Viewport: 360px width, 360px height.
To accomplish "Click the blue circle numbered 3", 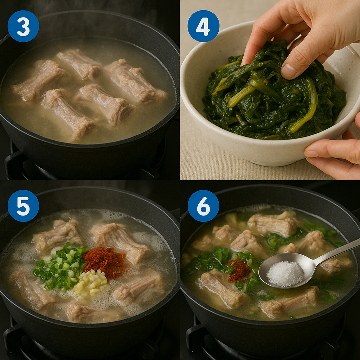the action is (x=23, y=26).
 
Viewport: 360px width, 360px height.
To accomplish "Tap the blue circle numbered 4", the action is (x=204, y=26).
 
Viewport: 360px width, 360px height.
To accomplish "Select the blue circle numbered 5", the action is (x=23, y=206).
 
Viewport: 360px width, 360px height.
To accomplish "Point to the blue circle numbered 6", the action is (x=204, y=206).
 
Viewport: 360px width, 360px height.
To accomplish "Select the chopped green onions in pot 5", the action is (x=61, y=266).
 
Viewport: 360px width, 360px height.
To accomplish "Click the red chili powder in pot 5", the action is (x=104, y=262).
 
